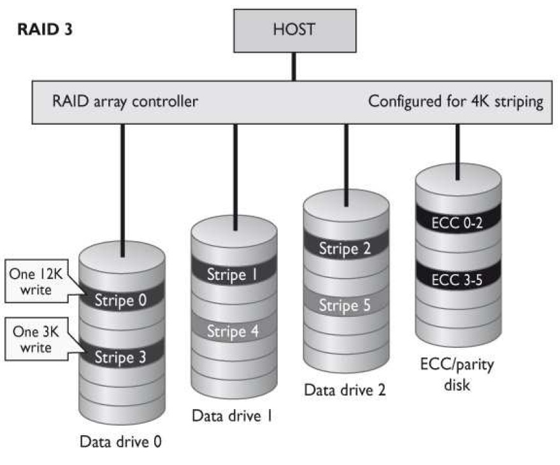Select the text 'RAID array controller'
(x=125, y=101)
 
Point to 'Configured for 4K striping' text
(x=456, y=101)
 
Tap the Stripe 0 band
(x=121, y=300)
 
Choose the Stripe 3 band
(x=121, y=356)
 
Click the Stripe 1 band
(x=234, y=275)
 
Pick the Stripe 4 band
(x=234, y=331)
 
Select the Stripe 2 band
(x=346, y=248)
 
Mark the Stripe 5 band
(x=346, y=305)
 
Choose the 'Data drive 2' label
(x=345, y=389)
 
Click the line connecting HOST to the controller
(x=294, y=66)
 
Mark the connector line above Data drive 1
(x=235, y=175)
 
